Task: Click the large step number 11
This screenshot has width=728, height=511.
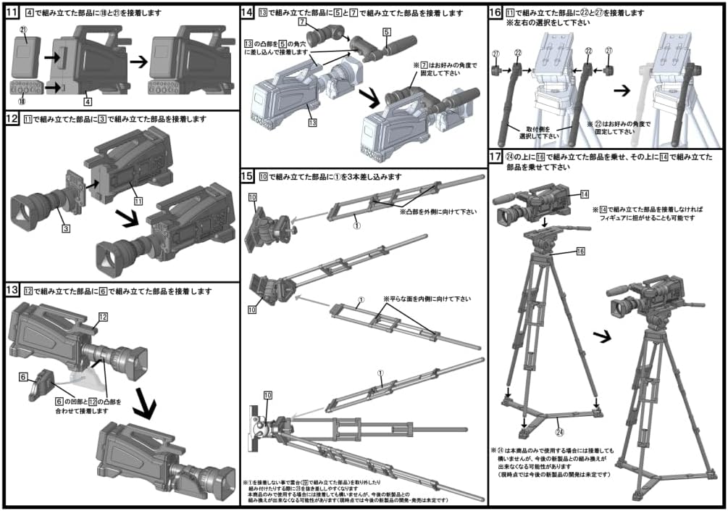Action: tap(12, 13)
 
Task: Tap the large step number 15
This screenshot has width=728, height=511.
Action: tap(248, 176)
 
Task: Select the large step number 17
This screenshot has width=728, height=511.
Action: tap(496, 157)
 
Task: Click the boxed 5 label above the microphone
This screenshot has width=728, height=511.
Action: tap(386, 33)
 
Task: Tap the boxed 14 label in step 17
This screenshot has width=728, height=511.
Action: tap(585, 194)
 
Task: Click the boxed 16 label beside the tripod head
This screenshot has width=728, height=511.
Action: tap(580, 250)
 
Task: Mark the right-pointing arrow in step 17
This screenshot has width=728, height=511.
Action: tap(599, 337)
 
